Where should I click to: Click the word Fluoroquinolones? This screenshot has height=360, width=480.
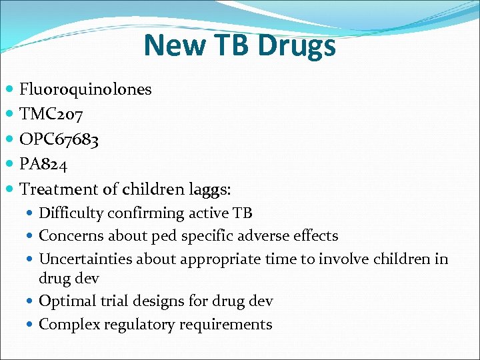[x=86, y=89]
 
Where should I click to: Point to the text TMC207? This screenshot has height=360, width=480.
[x=51, y=115]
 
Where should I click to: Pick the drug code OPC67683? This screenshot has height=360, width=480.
[x=59, y=139]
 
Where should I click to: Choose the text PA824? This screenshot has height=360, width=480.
[x=44, y=164]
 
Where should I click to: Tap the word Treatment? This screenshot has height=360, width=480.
[x=59, y=189]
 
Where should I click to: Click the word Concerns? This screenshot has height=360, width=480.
[x=69, y=235]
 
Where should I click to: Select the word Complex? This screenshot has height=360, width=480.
[x=67, y=325]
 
